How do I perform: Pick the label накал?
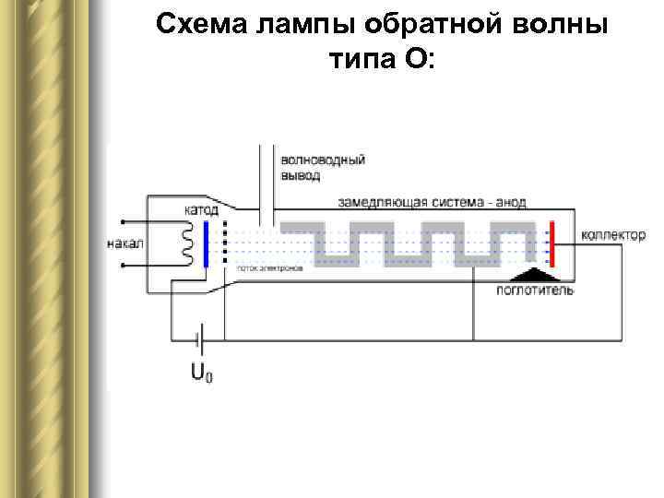(125, 244)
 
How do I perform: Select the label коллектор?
(613, 235)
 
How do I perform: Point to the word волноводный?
(323, 160)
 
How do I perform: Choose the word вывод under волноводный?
(302, 174)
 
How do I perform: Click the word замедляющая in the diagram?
(381, 203)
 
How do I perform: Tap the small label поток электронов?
(269, 268)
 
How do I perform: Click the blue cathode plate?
(207, 243)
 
